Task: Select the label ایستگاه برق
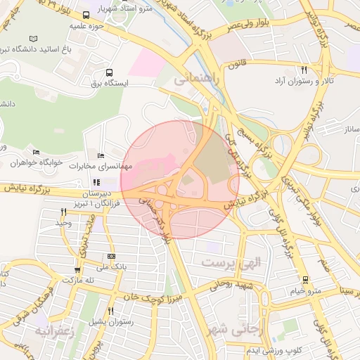tap(107, 83)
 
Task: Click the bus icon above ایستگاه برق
tap(109, 72)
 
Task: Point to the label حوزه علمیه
tap(87, 25)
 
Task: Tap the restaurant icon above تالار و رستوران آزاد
tap(304, 70)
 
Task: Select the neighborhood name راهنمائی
tap(197, 80)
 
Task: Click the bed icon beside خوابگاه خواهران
tap(36, 152)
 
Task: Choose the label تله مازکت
tap(79, 280)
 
